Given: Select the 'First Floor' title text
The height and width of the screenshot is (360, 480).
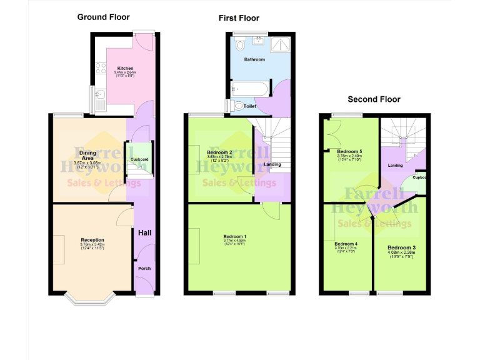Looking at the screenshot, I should click(x=239, y=18).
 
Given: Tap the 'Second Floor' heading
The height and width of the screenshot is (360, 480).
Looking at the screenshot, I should click(x=374, y=99).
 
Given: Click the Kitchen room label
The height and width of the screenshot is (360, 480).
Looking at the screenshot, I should click(x=125, y=68).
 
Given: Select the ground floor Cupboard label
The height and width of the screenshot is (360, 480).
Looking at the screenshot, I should click(x=139, y=159).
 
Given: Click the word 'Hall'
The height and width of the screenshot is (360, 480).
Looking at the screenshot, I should click(x=144, y=232).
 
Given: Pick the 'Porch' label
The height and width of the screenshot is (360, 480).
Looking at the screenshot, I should click(x=144, y=268).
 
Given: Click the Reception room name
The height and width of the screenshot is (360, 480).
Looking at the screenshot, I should click(x=92, y=240).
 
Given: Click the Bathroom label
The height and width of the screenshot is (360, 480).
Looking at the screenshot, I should click(x=254, y=59).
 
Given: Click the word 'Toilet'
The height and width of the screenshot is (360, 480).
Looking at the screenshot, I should click(x=249, y=106).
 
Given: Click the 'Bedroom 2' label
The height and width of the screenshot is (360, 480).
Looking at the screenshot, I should click(x=219, y=152).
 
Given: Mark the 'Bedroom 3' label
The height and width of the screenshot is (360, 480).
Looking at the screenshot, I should click(x=401, y=248).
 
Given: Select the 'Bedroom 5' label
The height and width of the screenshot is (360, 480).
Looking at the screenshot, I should click(x=349, y=151).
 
